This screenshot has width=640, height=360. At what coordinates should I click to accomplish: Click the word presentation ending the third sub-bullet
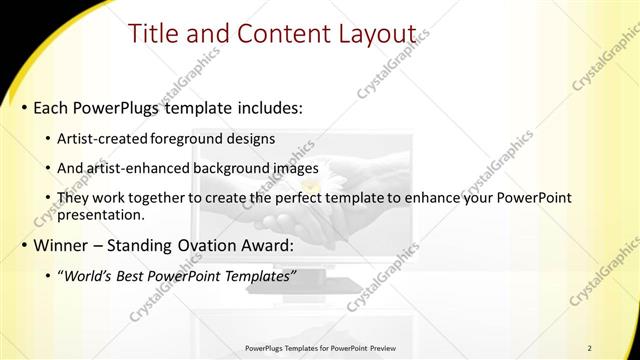click(x=101, y=214)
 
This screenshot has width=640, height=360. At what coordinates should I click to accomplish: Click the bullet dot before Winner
click(x=23, y=244)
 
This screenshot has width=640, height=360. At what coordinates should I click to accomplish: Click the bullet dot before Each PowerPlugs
click(x=23, y=106)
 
